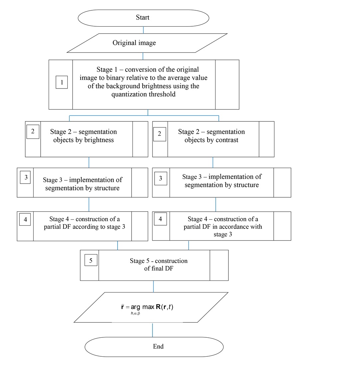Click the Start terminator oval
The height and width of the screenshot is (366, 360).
(x=143, y=18)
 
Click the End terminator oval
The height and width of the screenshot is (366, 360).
(x=154, y=347)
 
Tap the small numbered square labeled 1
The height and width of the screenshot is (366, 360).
(x=62, y=82)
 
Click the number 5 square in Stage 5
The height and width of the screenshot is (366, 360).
(x=91, y=261)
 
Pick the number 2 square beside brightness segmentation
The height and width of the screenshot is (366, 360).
(x=33, y=132)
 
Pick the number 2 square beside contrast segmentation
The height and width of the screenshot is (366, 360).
(x=160, y=134)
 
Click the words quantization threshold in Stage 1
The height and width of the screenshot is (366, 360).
(x=143, y=94)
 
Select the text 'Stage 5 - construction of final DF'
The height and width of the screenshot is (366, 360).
(x=159, y=265)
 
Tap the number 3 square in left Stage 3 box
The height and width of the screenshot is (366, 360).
(x=26, y=178)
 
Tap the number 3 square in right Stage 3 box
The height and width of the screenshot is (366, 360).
(x=161, y=179)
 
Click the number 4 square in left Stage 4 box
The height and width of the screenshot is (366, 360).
(x=25, y=220)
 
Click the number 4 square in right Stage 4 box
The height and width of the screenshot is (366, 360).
(x=161, y=219)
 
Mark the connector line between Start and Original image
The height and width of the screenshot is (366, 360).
(x=143, y=30)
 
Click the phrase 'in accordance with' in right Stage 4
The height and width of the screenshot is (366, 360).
(x=237, y=227)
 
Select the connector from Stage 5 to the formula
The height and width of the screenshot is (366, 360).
(x=153, y=286)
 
